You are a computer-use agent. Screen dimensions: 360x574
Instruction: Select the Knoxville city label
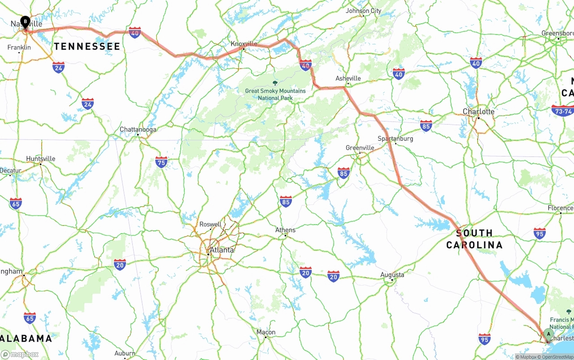click(244, 43)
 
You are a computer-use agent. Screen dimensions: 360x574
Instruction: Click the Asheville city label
click(348, 78)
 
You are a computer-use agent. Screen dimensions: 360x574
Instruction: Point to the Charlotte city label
click(479, 111)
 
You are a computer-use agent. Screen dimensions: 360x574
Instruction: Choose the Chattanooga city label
click(138, 130)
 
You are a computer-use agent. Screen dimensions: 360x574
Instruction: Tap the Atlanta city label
click(222, 250)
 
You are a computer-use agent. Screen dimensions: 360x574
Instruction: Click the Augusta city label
click(392, 275)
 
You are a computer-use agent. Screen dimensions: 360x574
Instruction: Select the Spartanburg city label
click(396, 139)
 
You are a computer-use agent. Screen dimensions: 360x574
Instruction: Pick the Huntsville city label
click(41, 159)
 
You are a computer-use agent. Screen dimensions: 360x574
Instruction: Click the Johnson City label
click(364, 11)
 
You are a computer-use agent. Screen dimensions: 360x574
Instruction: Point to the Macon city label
click(266, 332)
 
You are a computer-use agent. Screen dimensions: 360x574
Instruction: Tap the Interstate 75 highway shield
click(161, 162)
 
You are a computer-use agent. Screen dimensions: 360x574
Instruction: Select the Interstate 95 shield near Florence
click(539, 233)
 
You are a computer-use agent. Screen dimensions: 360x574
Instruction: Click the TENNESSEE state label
click(87, 46)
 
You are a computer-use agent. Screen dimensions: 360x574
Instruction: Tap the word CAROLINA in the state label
click(474, 245)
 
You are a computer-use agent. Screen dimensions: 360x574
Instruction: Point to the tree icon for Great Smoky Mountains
click(275, 83)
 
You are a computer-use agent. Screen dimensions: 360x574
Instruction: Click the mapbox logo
click(20, 354)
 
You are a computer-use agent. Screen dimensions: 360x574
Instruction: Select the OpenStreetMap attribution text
click(556, 357)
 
